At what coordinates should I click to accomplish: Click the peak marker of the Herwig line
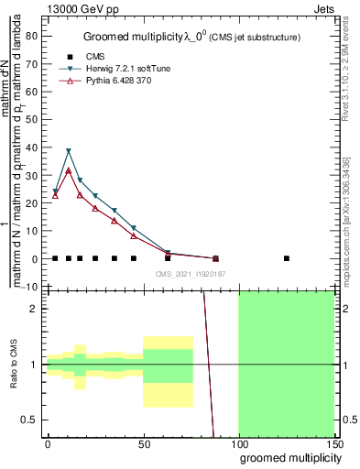tap(69, 151)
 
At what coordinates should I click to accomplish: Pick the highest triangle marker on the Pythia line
tap(69, 170)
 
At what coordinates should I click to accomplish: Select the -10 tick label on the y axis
tap(29, 287)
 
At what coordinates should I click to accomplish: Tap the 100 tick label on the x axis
tap(238, 443)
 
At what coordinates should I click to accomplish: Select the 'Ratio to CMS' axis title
tap(14, 365)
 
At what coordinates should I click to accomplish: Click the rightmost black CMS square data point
tap(287, 258)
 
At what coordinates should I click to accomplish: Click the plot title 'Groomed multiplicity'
tap(122, 36)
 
